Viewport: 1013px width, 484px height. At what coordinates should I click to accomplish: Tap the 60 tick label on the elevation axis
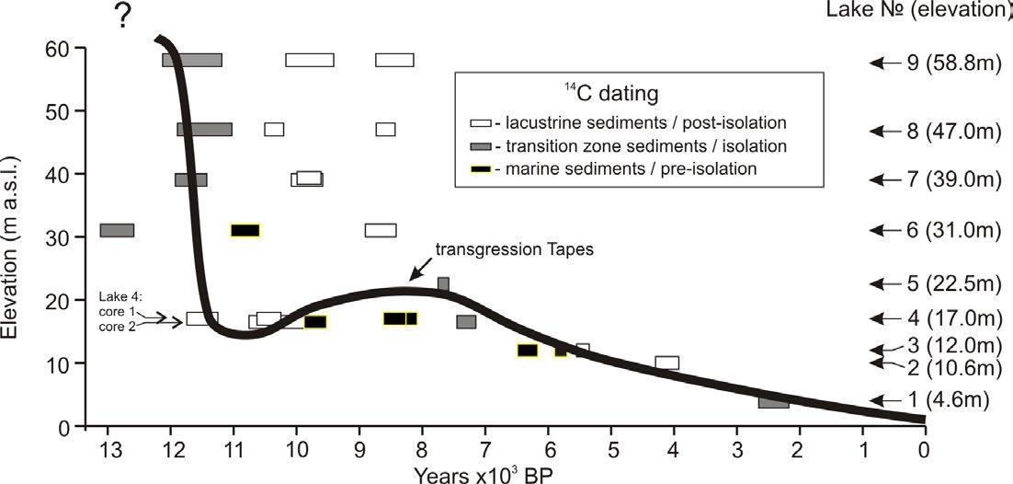pyautogui.click(x=61, y=48)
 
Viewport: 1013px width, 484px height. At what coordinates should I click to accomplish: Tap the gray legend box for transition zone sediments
pyautogui.click(x=478, y=146)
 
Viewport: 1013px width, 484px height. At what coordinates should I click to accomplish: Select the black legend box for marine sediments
pyautogui.click(x=478, y=169)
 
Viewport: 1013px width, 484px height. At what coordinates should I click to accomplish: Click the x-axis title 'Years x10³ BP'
pyautogui.click(x=483, y=473)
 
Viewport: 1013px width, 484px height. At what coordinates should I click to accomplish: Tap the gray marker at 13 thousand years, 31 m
pyautogui.click(x=117, y=230)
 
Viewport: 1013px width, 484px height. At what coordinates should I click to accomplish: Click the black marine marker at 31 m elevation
pyautogui.click(x=245, y=230)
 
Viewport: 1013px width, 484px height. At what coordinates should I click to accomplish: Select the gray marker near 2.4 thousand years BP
pyautogui.click(x=773, y=402)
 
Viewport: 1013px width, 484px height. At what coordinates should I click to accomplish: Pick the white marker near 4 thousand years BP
pyautogui.click(x=667, y=363)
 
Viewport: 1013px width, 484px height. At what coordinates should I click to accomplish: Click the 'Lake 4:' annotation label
pyautogui.click(x=117, y=298)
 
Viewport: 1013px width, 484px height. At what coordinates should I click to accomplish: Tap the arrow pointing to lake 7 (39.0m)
pyautogui.click(x=884, y=179)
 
